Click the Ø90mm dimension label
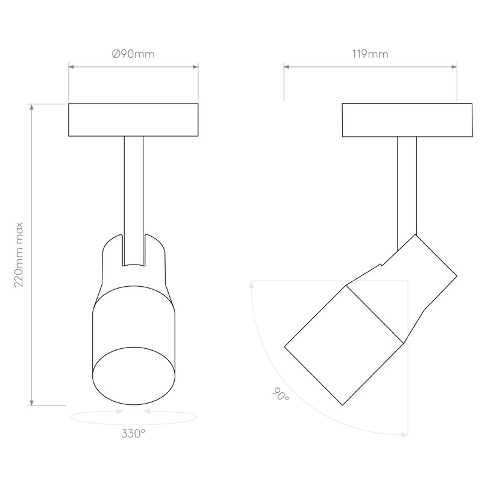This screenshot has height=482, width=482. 133,54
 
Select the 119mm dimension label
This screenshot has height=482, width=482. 370,54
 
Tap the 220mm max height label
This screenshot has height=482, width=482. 19,254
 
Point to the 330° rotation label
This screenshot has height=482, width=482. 133,433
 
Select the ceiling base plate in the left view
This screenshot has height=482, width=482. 133,120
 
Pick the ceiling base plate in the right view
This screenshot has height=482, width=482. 407,120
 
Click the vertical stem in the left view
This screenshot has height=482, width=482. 134,201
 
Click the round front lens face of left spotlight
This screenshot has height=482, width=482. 134,376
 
